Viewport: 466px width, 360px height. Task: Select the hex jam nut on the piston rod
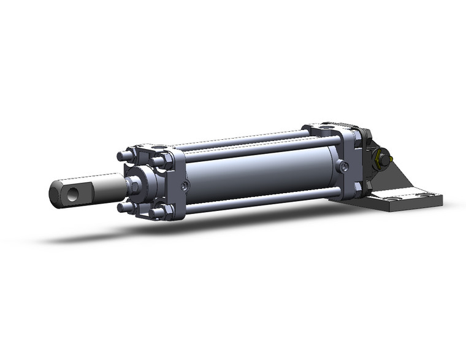pos(132,182)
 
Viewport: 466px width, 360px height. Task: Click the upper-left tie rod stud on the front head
pos(125,156)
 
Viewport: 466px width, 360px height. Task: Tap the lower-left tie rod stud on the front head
pos(125,207)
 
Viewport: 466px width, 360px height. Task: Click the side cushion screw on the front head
pos(185,186)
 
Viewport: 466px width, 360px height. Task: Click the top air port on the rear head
pos(329,125)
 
